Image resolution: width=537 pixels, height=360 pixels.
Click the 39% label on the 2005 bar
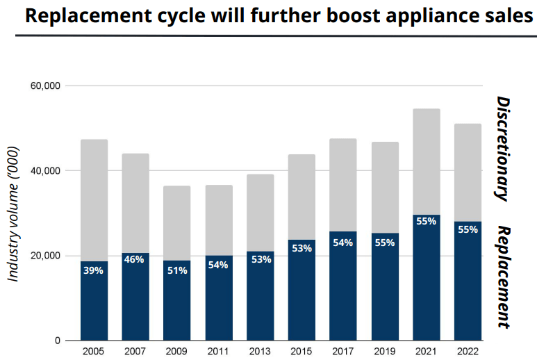pos(94,270)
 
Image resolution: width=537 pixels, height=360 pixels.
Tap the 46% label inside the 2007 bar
pos(135,259)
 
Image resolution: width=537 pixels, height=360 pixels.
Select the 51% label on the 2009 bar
pos(176,270)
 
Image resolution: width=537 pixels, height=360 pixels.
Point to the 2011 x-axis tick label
pos(218,352)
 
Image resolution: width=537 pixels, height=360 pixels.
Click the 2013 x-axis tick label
pos(260,352)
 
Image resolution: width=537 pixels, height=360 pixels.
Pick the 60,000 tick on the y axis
pos(47,85)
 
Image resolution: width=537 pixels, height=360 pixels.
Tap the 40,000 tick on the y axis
pos(47,171)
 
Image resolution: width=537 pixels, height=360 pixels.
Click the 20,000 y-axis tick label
pos(47,256)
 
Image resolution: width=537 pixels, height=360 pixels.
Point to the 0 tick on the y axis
pos(58,341)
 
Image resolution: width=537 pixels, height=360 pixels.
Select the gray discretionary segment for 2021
pos(427,161)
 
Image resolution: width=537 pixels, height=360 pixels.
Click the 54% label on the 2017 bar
pos(343,243)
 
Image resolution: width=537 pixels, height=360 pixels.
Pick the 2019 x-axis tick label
pos(385,352)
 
